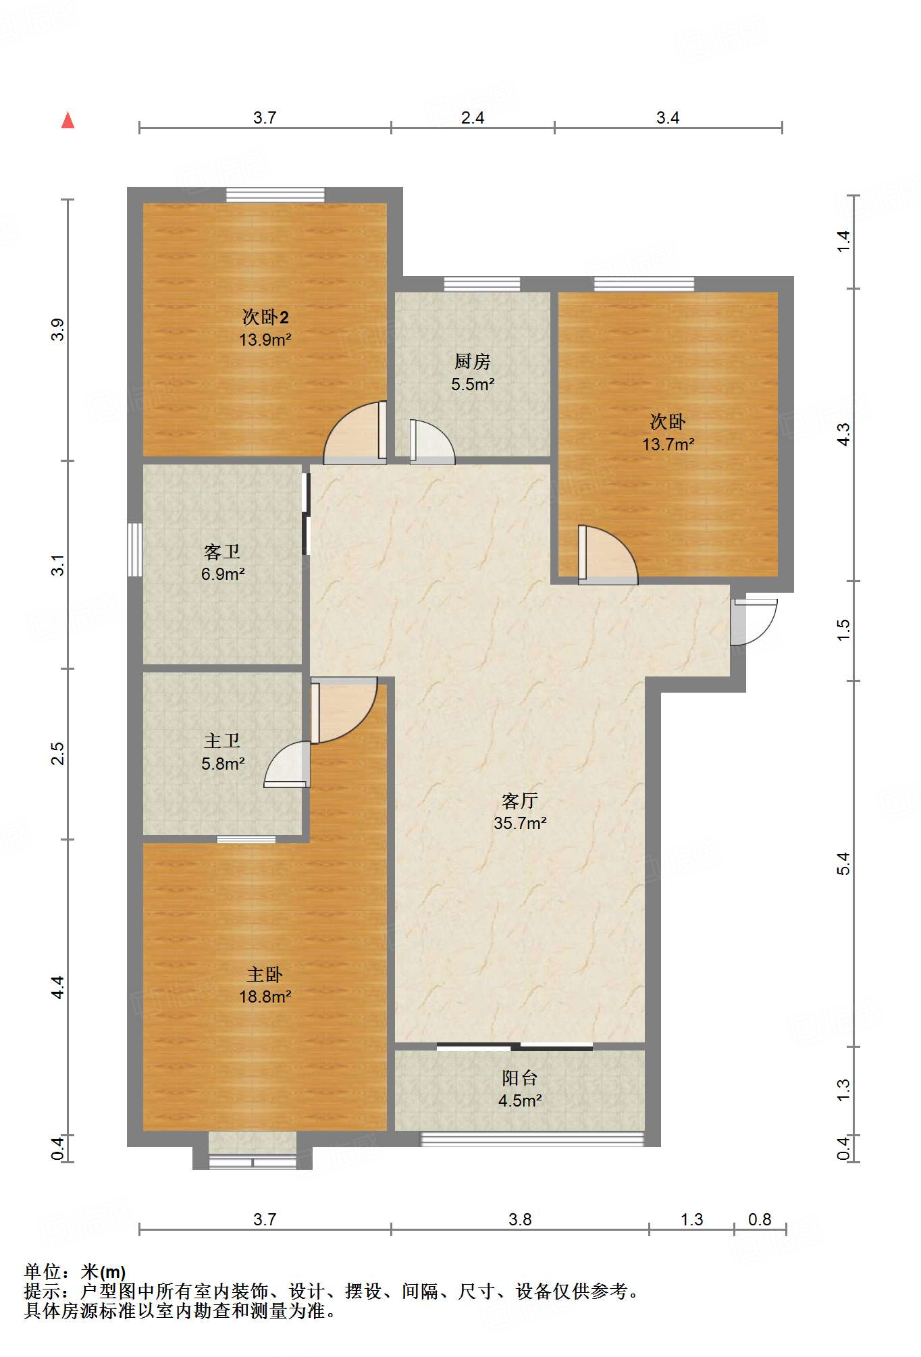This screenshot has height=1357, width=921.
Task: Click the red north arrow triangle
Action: (x=68, y=120)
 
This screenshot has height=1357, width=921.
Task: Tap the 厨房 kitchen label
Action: (x=472, y=362)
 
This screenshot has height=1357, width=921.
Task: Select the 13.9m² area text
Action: (x=265, y=340)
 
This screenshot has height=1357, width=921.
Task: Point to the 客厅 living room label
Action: (x=520, y=801)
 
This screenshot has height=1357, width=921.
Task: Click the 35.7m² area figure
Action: (x=520, y=823)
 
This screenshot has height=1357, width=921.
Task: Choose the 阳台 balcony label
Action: (x=520, y=1078)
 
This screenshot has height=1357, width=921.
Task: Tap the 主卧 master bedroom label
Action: (x=265, y=974)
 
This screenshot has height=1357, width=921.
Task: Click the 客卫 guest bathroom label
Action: (x=222, y=552)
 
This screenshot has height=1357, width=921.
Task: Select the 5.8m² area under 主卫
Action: (x=223, y=764)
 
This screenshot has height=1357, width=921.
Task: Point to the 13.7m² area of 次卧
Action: (x=668, y=444)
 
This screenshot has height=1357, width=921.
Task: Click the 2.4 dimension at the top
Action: (x=473, y=117)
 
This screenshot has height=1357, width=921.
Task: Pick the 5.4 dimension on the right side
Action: (x=844, y=863)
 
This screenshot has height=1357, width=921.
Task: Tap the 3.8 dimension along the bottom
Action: (x=520, y=1219)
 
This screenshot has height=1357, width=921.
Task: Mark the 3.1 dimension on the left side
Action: (x=58, y=565)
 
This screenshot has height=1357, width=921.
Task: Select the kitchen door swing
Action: (x=432, y=442)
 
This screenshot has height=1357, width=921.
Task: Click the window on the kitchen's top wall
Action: (x=482, y=284)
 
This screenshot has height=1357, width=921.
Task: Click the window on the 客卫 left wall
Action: (x=135, y=550)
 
